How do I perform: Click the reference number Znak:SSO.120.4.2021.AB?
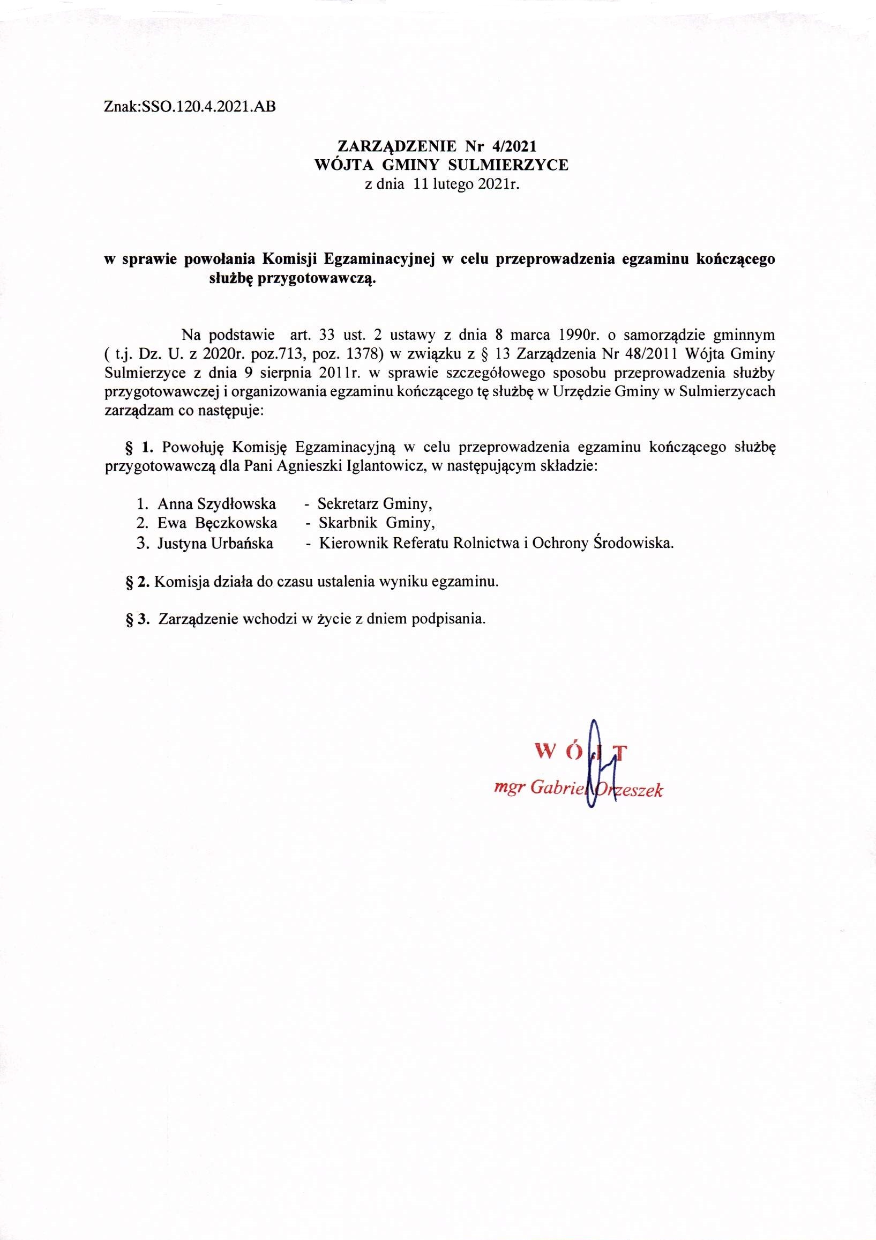pos(190,107)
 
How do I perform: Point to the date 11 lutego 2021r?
pos(466,185)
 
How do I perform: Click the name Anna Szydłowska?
pos(216,504)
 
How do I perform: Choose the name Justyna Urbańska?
pos(215,543)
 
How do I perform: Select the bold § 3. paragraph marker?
pos(137,619)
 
